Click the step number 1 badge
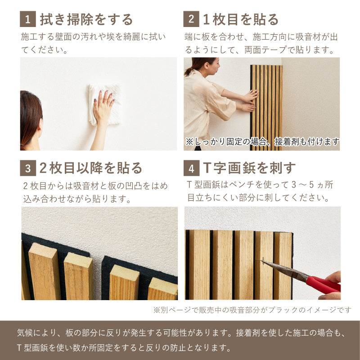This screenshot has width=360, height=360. tap(28, 19)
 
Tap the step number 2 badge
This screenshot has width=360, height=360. tap(191, 19)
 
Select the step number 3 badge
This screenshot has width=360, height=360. tap(28, 168)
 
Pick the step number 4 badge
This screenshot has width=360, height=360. tap(191, 168)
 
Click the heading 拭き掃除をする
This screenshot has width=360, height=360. tap(86, 19)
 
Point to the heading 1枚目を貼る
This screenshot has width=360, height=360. tap(241, 19)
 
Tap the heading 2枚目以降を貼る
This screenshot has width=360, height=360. tap(91, 168)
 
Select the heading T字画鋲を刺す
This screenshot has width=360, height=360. tap(249, 168)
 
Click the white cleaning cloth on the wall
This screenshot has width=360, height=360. tap(104, 104)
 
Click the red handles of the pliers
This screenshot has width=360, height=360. tap(323, 285)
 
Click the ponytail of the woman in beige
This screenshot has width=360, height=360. tap(189, 71)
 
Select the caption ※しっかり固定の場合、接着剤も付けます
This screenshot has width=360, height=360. tap(262, 142)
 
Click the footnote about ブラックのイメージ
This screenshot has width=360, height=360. tap(252, 310)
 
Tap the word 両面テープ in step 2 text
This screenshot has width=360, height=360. tap(265, 50)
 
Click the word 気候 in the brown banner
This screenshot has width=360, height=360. tap(25, 333)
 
